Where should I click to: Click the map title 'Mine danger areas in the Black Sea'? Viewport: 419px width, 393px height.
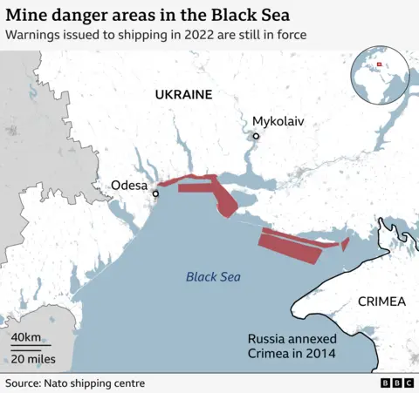click(148, 16)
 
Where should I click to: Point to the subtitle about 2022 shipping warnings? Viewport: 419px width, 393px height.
click(155, 36)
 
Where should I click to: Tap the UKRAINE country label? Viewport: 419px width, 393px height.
click(183, 94)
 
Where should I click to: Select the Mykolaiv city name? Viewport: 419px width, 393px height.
click(278, 121)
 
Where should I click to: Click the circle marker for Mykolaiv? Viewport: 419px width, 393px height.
click(256, 136)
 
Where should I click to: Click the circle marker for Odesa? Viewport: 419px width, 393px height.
click(155, 193)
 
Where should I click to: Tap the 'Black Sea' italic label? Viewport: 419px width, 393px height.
click(213, 277)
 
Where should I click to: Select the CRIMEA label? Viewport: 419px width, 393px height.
click(382, 302)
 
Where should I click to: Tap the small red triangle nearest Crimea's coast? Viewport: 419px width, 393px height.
click(345, 244)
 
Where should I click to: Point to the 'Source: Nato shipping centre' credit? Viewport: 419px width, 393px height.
click(75, 383)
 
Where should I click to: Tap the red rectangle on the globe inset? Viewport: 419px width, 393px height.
click(380, 64)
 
